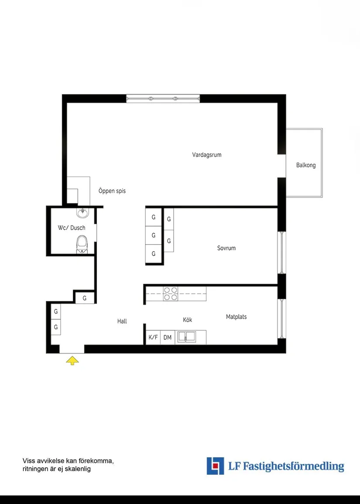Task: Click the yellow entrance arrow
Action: (x=72, y=360)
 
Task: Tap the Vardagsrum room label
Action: (x=206, y=155)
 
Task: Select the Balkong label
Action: (x=305, y=165)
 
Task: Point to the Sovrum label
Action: (x=226, y=248)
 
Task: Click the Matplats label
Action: (x=236, y=317)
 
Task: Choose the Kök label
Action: (x=187, y=320)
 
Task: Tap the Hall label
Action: (x=122, y=321)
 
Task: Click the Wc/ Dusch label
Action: (x=72, y=228)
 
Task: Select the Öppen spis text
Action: (x=112, y=191)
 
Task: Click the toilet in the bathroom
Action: (x=82, y=244)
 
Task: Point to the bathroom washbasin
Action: (x=82, y=212)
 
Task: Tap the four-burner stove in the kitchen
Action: (x=171, y=293)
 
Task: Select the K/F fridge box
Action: (x=153, y=337)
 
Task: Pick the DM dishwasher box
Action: (x=167, y=337)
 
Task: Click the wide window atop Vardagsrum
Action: (x=163, y=99)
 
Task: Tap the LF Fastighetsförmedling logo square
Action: (x=215, y=466)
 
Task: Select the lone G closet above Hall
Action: (x=85, y=298)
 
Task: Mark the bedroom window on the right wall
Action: (x=282, y=252)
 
